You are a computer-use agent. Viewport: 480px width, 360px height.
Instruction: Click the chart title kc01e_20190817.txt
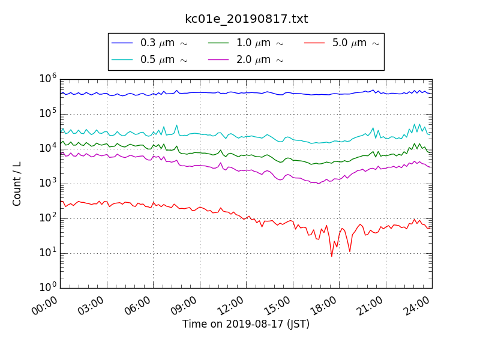pos(246,19)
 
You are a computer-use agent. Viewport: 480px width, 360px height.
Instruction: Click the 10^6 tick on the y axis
pos(49,79)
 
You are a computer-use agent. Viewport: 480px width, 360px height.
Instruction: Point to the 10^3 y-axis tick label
pos(49,183)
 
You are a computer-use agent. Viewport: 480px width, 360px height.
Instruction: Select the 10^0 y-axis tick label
pos(49,287)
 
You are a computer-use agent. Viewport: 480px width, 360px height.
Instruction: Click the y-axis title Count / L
pos(17,184)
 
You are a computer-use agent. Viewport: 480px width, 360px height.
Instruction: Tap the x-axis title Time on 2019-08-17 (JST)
pos(246,324)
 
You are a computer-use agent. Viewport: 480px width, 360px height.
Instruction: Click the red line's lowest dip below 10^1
pos(331,257)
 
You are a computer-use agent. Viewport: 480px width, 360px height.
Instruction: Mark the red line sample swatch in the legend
pos(314,43)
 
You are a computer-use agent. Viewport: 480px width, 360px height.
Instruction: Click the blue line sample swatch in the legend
pos(122,43)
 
